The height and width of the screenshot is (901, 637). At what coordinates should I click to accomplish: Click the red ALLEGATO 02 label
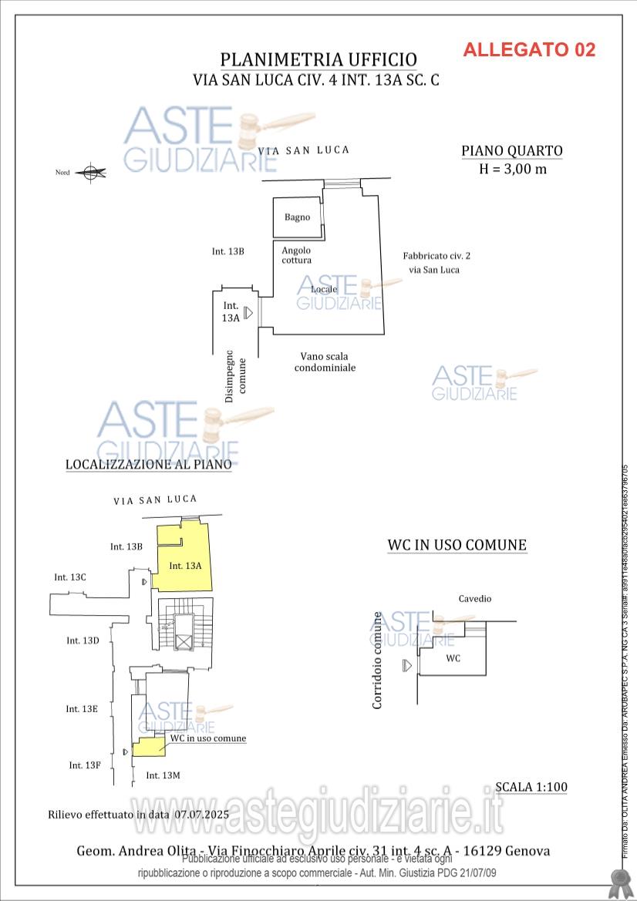coord(529,50)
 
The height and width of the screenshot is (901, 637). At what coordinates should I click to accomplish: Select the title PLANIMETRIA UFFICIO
coord(318,60)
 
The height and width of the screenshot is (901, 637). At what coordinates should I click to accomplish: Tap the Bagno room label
coord(297,217)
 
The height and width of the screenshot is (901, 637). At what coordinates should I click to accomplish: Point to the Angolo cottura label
coord(296,255)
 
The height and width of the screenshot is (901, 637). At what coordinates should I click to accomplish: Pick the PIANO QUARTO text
coord(512,151)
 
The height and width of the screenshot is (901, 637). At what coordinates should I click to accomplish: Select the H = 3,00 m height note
coord(513,170)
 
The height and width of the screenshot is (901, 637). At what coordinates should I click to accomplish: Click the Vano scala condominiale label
coord(325,362)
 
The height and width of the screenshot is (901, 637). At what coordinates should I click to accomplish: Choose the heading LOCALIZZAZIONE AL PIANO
coord(148,465)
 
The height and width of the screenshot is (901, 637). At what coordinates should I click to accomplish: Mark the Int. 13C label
coord(70,577)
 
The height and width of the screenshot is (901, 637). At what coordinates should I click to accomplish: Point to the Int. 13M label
coord(163,775)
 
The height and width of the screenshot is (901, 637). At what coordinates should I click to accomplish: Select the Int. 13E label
coord(82,709)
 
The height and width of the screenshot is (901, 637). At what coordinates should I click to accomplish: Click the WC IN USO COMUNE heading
coord(457,545)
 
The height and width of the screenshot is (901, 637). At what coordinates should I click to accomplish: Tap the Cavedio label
coord(474,599)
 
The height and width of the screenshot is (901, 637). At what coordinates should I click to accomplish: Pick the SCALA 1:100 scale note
coord(531,787)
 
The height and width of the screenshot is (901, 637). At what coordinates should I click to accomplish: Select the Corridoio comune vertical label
coord(377,661)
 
